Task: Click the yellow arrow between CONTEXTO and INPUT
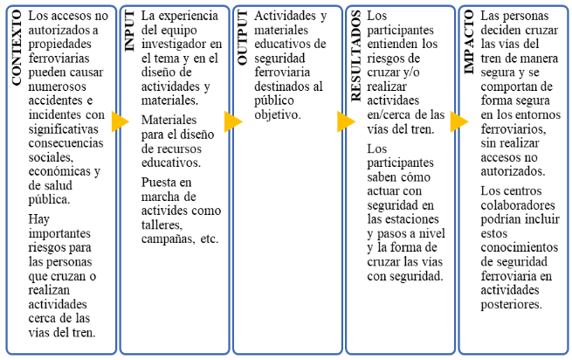tap(119, 121)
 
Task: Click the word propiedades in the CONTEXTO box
tap(62, 44)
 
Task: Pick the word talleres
tap(162, 225)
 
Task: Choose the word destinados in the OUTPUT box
tap(279, 87)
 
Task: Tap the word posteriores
tap(512, 304)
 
